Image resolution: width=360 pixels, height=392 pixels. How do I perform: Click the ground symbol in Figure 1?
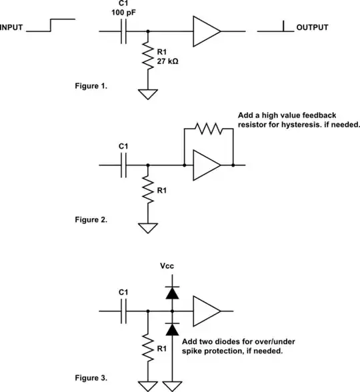click(x=147, y=93)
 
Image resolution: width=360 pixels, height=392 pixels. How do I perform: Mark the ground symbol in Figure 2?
click(x=147, y=227)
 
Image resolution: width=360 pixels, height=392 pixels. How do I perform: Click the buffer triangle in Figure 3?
click(x=205, y=311)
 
